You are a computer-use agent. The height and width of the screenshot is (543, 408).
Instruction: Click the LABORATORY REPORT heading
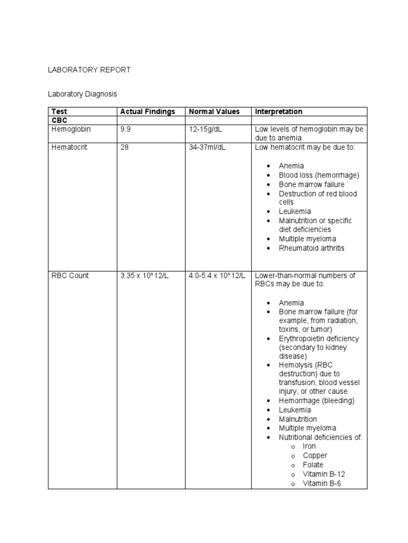(89, 70)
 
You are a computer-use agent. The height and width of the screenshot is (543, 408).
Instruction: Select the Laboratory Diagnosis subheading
(82, 94)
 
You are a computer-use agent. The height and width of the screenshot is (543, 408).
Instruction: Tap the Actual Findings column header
(148, 111)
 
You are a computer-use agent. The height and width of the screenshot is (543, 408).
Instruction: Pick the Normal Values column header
(214, 111)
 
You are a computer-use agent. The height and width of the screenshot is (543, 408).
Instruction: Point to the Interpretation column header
(279, 111)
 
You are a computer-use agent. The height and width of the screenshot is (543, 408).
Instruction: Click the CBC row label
(59, 120)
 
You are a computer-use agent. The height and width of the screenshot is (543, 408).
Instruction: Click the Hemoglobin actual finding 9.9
(125, 129)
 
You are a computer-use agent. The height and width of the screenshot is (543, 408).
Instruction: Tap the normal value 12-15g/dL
(207, 129)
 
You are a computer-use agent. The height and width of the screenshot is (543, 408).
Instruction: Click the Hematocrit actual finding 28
(124, 147)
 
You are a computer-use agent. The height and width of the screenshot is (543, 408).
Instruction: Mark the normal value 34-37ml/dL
(207, 147)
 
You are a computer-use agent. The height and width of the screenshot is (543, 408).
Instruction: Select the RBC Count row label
(70, 276)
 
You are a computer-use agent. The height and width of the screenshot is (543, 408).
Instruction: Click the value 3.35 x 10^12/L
(144, 276)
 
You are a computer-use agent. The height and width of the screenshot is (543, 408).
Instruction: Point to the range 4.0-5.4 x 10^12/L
(217, 276)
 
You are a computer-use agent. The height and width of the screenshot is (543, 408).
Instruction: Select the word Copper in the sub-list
(315, 456)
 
